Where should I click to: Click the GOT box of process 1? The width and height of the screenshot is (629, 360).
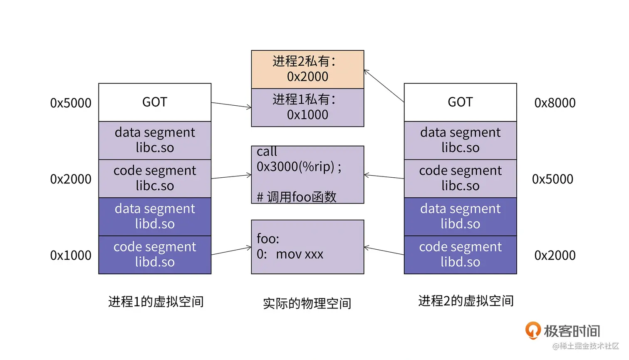click(155, 102)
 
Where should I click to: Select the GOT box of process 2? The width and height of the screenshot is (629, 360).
click(460, 102)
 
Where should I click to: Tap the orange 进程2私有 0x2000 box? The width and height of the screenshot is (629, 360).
click(307, 69)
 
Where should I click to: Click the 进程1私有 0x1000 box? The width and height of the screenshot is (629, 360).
click(307, 107)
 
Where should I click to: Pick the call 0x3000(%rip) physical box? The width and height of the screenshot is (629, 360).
click(307, 174)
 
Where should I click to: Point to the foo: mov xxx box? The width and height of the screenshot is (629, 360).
click(307, 247)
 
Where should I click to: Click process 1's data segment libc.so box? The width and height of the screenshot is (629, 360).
click(155, 140)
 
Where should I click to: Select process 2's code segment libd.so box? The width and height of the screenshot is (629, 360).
click(460, 255)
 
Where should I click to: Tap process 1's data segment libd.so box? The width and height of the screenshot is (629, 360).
click(155, 216)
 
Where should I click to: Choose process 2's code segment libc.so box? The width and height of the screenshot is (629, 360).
click(460, 179)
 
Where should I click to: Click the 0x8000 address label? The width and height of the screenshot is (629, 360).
click(555, 103)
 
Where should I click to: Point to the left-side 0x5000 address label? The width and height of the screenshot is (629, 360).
click(71, 103)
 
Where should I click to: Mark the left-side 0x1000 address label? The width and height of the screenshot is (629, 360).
click(71, 255)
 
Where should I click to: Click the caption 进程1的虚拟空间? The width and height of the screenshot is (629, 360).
click(156, 302)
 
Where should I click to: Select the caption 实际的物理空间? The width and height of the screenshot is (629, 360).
click(307, 303)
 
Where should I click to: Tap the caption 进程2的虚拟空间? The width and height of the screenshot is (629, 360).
click(466, 301)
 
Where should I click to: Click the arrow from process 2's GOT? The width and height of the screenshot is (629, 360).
click(384, 86)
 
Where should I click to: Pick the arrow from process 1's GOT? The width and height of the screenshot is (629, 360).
click(231, 105)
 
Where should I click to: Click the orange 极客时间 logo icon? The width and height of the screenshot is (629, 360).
click(533, 330)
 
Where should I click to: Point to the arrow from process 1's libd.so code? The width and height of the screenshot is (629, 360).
click(231, 251)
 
